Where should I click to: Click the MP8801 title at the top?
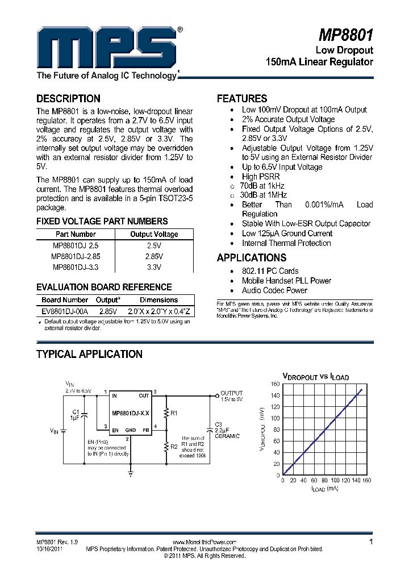pos(345,36)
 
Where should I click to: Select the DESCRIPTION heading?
pos(68,98)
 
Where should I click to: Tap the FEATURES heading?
pos(241,98)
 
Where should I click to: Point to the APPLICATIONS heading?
pos(251,257)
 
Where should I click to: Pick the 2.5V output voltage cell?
pos(154,245)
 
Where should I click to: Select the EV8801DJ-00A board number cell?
pos(65,311)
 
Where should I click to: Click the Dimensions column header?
pos(159,300)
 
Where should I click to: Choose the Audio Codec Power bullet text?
pos(274,290)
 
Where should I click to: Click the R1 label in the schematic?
pos(174,413)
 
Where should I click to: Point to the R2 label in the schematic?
pos(174,447)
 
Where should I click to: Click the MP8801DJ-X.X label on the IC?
pos(131,413)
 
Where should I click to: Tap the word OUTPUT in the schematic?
pos(231,393)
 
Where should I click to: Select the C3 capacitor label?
pos(219,424)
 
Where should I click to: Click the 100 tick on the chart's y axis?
pos(275,418)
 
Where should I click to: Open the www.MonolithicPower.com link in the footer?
pos(203,542)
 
